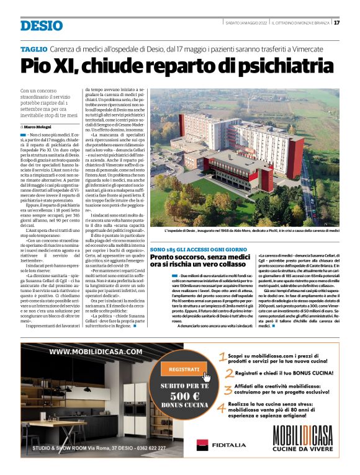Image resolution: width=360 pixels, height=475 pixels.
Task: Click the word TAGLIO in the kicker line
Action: pos(34,49)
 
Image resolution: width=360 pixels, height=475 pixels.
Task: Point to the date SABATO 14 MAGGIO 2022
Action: pos(246,23)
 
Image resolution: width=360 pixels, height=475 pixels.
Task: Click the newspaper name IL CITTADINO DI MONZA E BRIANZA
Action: pos(300,23)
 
